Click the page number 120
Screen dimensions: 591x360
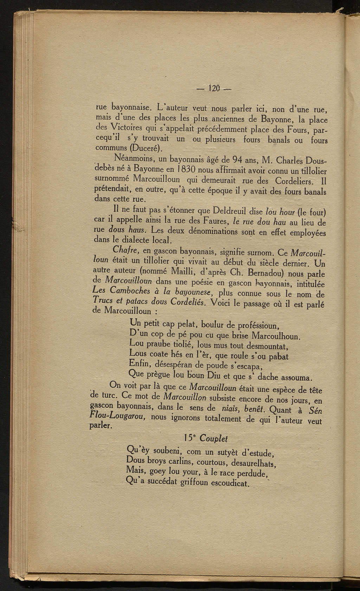tap(214, 87)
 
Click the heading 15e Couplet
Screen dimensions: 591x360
tap(205, 438)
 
